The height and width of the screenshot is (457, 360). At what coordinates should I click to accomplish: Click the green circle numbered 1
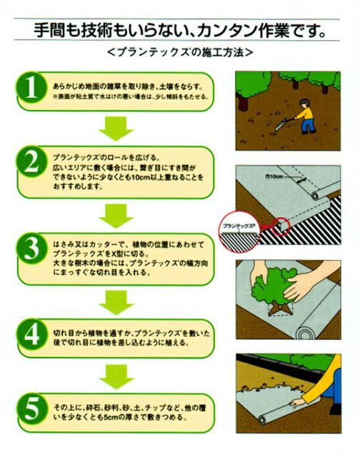point(32,88)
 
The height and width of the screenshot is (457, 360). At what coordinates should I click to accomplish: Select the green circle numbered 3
point(32,248)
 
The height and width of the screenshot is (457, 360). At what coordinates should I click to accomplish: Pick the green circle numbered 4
point(32,335)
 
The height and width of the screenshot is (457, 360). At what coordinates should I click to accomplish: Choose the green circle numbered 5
point(32,408)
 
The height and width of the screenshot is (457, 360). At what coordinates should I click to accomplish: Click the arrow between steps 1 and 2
point(116,129)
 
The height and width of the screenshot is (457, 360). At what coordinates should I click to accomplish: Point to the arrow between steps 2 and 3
point(116,216)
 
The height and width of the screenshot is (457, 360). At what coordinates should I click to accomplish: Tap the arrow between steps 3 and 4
point(116,302)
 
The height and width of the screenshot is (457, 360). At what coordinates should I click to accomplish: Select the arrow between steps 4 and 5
point(116,376)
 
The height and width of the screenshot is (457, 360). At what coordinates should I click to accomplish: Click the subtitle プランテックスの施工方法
point(180,52)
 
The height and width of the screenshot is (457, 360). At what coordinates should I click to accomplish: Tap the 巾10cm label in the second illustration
point(274,176)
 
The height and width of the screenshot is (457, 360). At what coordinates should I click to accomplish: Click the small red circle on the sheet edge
point(281,226)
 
